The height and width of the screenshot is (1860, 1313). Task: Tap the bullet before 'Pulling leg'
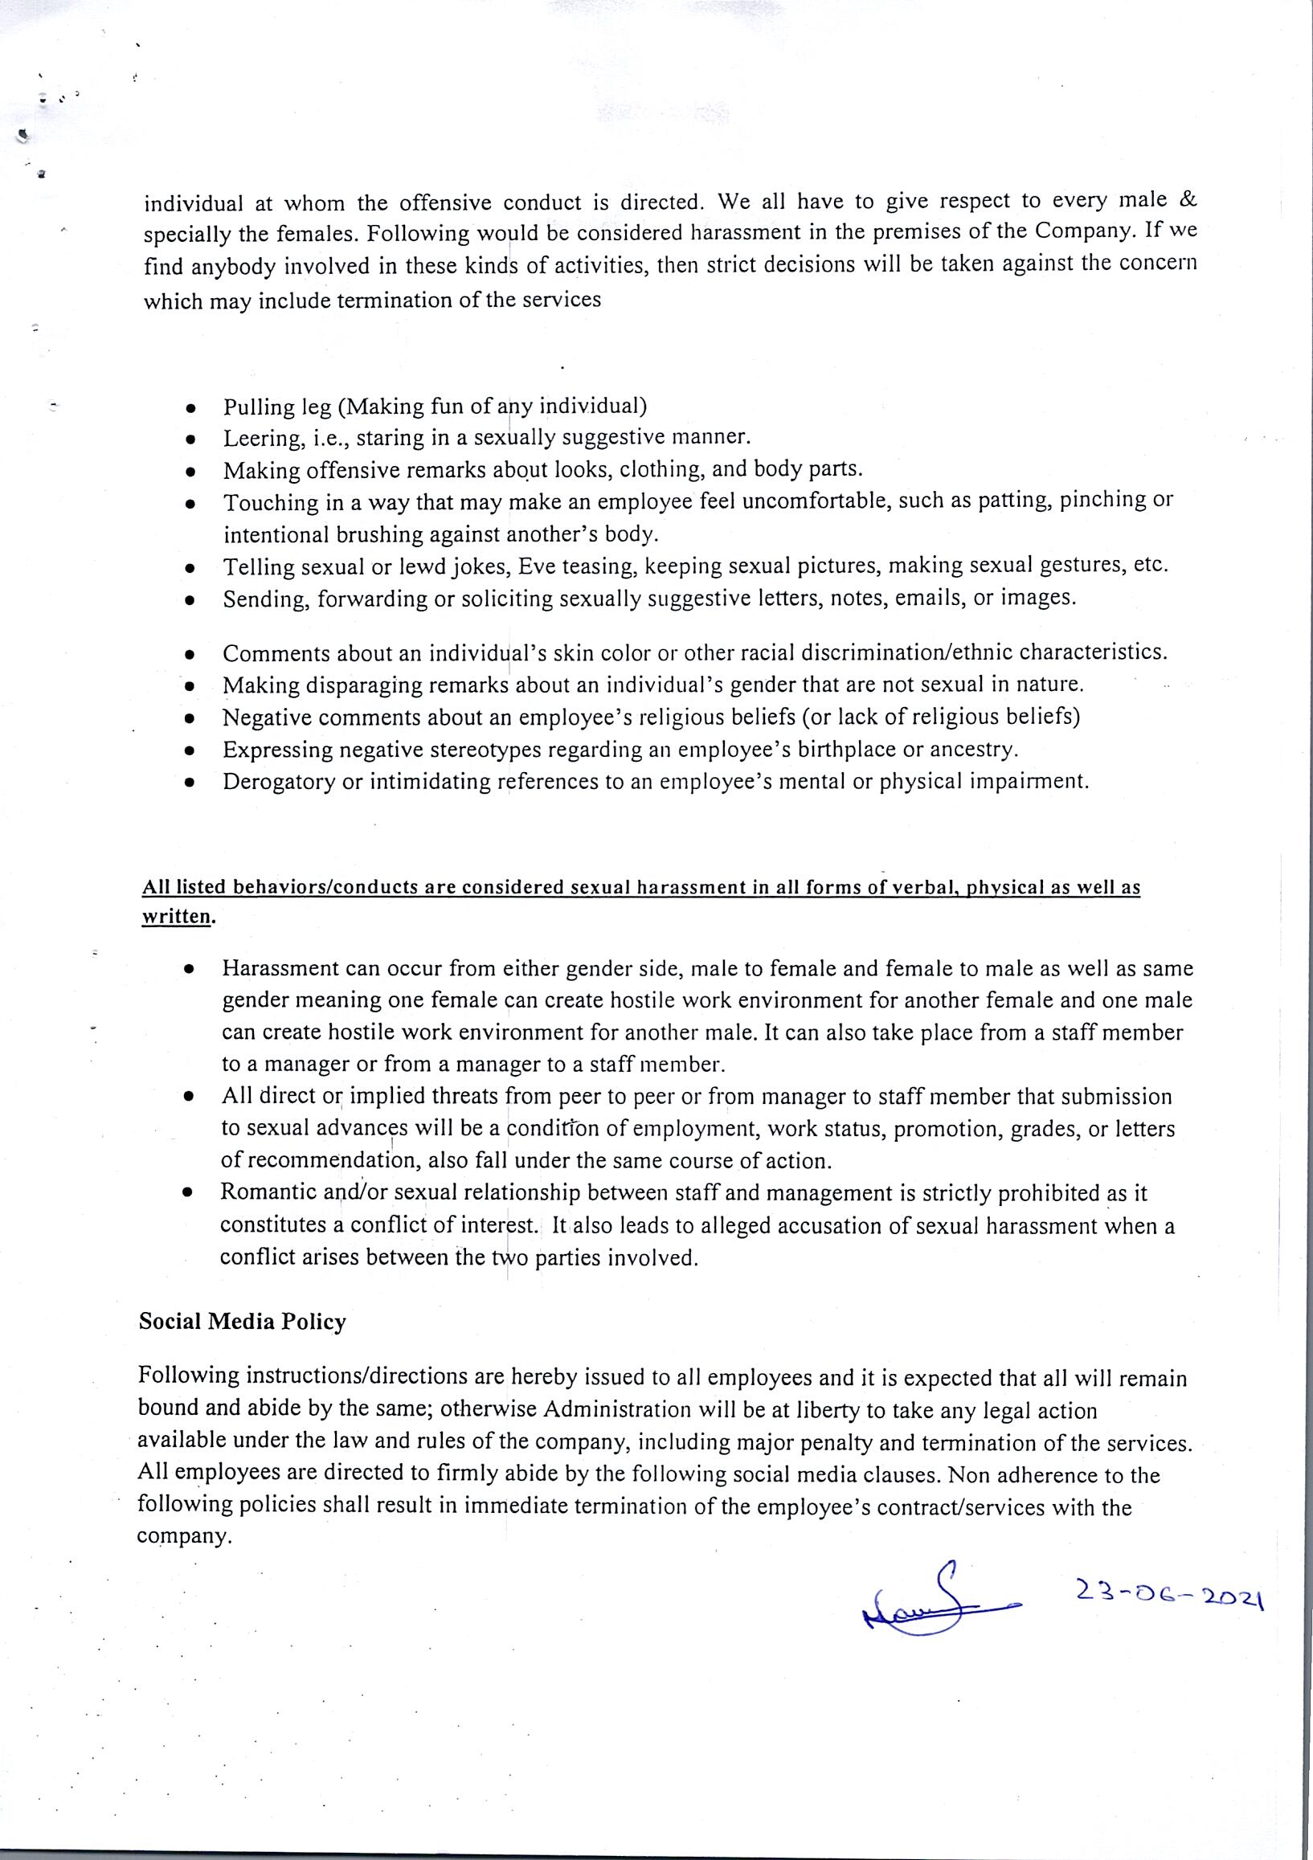tap(190, 407)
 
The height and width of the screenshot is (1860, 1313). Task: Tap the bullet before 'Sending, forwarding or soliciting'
tap(190, 600)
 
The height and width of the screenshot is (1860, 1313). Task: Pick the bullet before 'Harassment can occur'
tap(189, 969)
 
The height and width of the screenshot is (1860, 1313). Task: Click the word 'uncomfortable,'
tap(811, 502)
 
